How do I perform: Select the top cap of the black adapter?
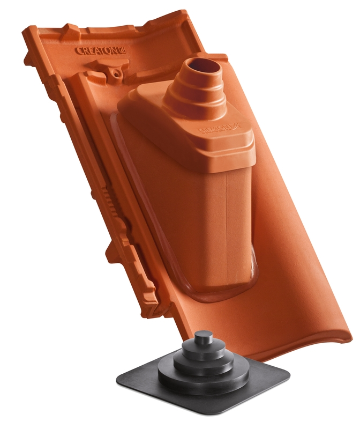click(203, 338)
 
